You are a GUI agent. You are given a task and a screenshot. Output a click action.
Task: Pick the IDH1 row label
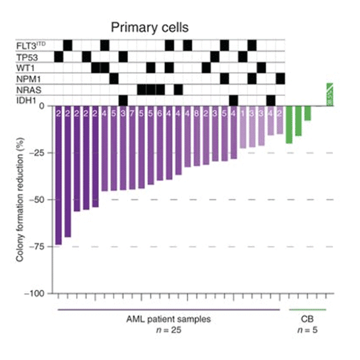click(x=26, y=100)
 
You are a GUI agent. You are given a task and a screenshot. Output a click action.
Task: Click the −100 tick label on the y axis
click(x=37, y=293)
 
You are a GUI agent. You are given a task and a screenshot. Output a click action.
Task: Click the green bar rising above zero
click(x=329, y=95)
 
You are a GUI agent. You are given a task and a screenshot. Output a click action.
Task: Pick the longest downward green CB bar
click(x=289, y=125)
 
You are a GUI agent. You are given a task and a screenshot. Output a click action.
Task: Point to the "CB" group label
click(x=307, y=319)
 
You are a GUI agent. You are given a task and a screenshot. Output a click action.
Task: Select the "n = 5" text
click(x=307, y=329)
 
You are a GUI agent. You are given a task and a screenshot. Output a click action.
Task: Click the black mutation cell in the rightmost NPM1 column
click(x=280, y=79)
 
